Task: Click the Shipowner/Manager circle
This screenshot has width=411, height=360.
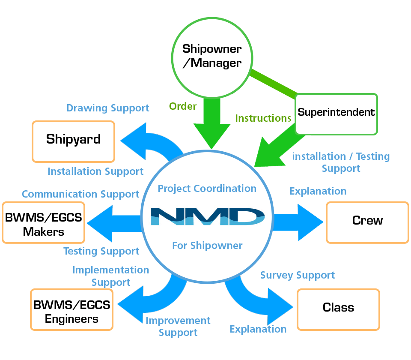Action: coord(212,56)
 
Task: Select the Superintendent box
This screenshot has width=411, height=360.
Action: coord(337,113)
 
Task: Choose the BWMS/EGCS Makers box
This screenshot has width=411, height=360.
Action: coord(43,222)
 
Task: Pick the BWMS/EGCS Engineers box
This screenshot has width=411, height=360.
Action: coord(71,310)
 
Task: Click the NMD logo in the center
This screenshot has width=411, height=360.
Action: coord(207,216)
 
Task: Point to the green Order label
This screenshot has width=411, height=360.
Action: coord(183,106)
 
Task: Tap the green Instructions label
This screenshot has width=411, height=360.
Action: coord(263,118)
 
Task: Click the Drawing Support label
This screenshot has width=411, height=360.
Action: coord(108,108)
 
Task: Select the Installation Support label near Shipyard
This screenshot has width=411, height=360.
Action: coord(95,171)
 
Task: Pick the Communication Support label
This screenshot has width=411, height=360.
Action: coord(80,194)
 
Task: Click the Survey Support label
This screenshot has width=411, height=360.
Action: coord(298,275)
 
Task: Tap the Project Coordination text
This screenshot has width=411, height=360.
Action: coord(207,189)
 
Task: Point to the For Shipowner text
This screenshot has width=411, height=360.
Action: coord(207,246)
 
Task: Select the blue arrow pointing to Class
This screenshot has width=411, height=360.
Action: coord(257,300)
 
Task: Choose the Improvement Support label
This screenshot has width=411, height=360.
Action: coord(178,327)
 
